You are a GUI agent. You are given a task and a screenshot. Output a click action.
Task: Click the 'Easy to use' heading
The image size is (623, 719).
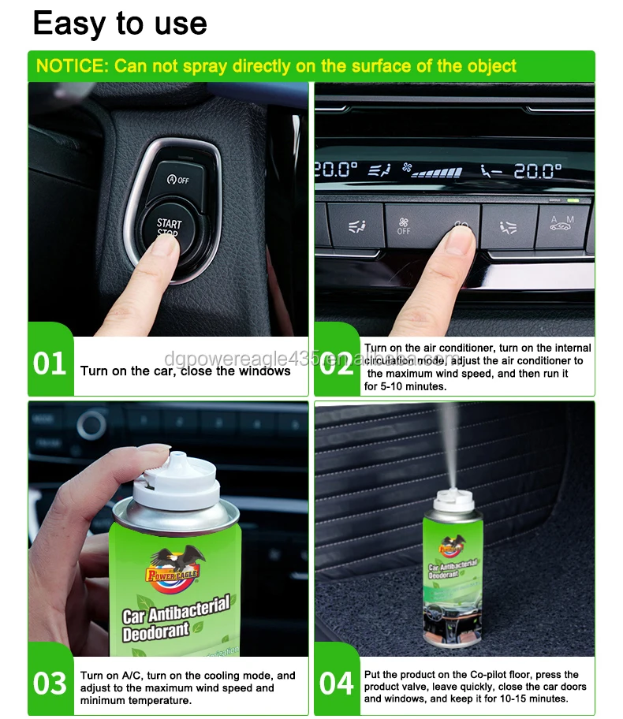coord(120,23)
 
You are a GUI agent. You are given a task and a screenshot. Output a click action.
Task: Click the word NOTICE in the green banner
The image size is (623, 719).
coord(71,65)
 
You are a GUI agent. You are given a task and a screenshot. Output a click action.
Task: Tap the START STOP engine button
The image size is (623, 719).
coord(168,229)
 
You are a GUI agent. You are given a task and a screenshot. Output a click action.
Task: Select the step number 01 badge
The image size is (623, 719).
coord(50,364)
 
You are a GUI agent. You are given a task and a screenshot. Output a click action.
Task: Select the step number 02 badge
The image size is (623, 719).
coord(337,364)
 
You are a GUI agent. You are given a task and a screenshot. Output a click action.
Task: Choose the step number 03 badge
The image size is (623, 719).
coord(50,683)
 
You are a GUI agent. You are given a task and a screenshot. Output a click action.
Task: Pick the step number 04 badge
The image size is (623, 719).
coord(337,683)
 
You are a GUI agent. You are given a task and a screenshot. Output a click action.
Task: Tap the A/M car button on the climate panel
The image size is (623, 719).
coord(562,224)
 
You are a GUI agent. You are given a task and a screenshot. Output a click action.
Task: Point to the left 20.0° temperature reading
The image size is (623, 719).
coord(337,169)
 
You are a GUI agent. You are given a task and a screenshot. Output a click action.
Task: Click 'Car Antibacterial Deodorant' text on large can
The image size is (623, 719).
coord(176,619)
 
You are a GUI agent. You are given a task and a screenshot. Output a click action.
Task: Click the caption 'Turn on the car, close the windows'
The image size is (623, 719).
coord(185,371)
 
